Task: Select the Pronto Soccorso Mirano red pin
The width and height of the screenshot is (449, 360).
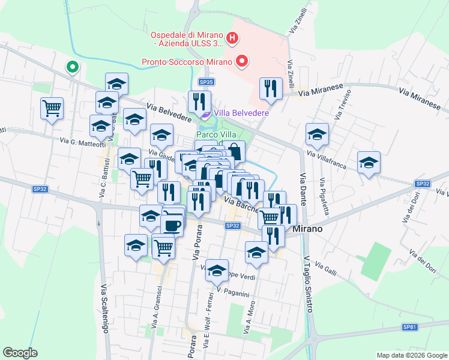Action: click(x=242, y=61)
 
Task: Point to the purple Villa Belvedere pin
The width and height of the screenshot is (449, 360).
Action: click(x=205, y=112)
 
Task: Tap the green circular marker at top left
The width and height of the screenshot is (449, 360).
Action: click(x=73, y=67)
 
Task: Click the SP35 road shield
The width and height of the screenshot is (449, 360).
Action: click(x=206, y=82)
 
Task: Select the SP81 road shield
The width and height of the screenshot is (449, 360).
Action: click(x=409, y=327)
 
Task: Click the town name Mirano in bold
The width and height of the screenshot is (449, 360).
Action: click(x=309, y=229)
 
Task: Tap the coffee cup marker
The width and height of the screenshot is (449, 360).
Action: click(x=173, y=225)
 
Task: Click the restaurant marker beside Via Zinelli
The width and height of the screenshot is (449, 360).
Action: click(x=271, y=88)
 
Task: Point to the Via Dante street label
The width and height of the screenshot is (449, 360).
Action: click(x=303, y=190)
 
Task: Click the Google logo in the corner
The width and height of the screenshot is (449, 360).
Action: click(x=20, y=353)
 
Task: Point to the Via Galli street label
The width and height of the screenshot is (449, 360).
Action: click(x=326, y=265)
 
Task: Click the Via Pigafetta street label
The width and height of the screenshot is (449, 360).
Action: click(x=324, y=196)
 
